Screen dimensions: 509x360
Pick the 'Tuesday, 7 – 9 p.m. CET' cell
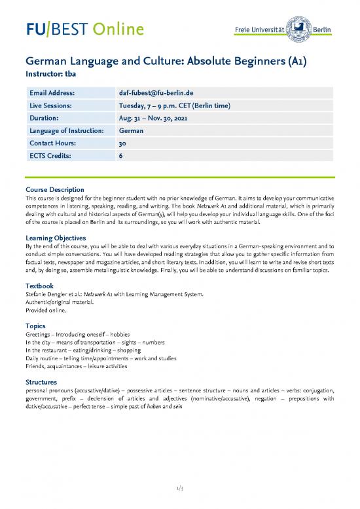[174, 107]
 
